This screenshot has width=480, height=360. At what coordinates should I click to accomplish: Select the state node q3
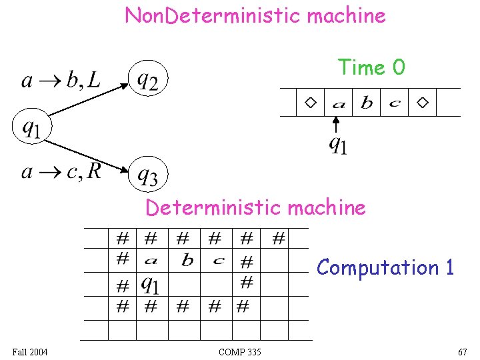click(147, 175)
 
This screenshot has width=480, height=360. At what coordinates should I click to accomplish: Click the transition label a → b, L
click(61, 81)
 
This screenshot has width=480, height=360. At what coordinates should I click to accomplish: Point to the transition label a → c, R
click(61, 172)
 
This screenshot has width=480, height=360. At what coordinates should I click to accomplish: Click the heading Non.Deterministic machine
click(255, 15)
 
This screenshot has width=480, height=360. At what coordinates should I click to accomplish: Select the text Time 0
click(371, 67)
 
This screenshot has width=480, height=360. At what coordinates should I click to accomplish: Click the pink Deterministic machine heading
click(255, 207)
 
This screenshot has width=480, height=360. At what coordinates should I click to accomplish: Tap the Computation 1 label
click(385, 267)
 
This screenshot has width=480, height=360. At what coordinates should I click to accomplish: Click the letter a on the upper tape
click(339, 104)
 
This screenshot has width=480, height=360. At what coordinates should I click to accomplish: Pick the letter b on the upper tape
click(367, 103)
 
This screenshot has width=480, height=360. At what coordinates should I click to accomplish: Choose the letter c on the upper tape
click(395, 104)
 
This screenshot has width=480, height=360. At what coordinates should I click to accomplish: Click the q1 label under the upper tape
click(339, 144)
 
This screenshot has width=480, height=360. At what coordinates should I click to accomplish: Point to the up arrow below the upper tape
click(337, 124)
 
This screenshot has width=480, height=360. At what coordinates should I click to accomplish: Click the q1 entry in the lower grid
click(151, 285)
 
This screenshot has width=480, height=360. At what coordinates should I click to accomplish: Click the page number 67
click(462, 352)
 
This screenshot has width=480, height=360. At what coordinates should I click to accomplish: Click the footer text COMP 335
click(239, 352)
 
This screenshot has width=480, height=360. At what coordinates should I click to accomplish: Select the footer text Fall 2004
click(30, 352)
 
